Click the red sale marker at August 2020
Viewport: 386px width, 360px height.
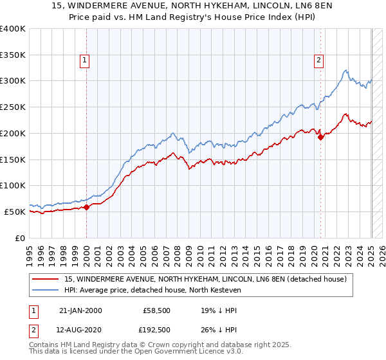321,136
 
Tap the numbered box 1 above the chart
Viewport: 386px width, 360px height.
85,61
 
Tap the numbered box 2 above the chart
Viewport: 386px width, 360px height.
318,61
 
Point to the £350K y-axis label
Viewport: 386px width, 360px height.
12,55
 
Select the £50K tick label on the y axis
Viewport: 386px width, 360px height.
15,212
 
